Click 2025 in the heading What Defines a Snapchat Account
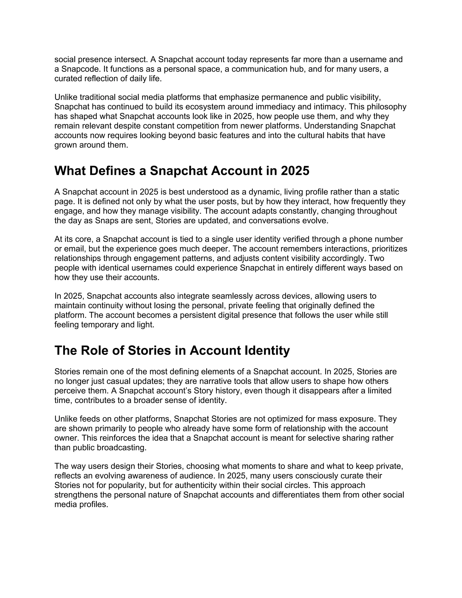295,171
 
